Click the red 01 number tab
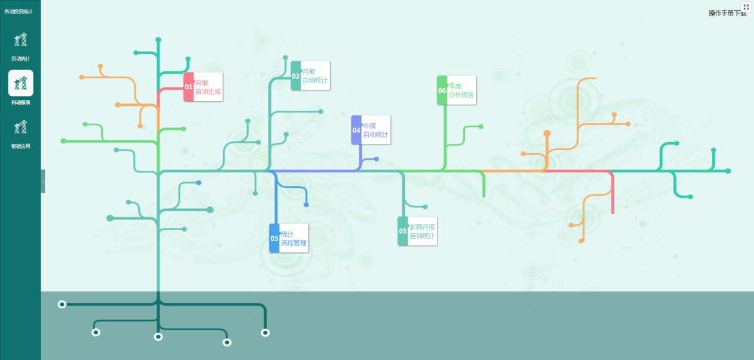pyautogui.click(x=189, y=87)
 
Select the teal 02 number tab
pyautogui.click(x=296, y=76)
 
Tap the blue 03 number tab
pyautogui.click(x=274, y=238)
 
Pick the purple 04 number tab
pyautogui.click(x=356, y=130)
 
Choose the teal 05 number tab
pyautogui.click(x=403, y=231)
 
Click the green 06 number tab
pyautogui.click(x=442, y=90)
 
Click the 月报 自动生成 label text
pyautogui.click(x=208, y=87)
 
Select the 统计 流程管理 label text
pyautogui.click(x=293, y=239)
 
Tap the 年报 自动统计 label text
pyautogui.click(x=376, y=130)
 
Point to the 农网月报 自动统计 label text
pyautogui.click(x=422, y=231)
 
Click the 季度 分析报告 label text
pyautogui.click(x=461, y=90)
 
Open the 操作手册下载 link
pyautogui.click(x=727, y=13)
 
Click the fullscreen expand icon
pyautogui.click(x=746, y=7)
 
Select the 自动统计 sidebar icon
pyautogui.click(x=21, y=39)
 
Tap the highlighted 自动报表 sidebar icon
pyautogui.click(x=21, y=83)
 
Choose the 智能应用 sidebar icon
pyautogui.click(x=21, y=127)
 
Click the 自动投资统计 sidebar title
pyautogui.click(x=18, y=11)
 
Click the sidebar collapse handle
pyautogui.click(x=43, y=181)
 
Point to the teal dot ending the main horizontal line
pyautogui.click(x=728, y=171)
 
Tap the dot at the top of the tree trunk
pyautogui.click(x=158, y=40)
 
